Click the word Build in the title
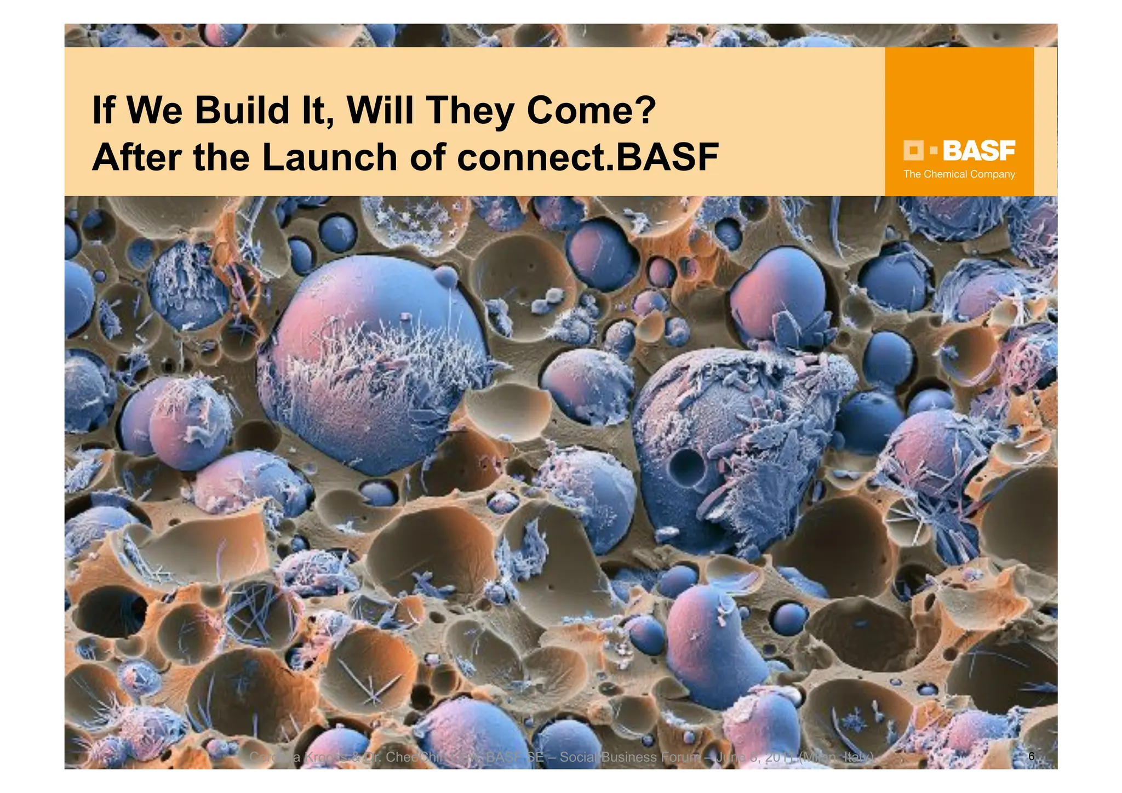(242, 110)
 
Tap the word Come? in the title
(591, 110)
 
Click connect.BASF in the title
(587, 158)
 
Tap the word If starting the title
(103, 110)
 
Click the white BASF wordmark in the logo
(979, 151)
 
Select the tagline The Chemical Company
(959, 174)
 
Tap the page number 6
(1032, 756)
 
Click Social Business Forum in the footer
(630, 757)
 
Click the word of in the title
(429, 158)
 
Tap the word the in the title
(221, 158)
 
